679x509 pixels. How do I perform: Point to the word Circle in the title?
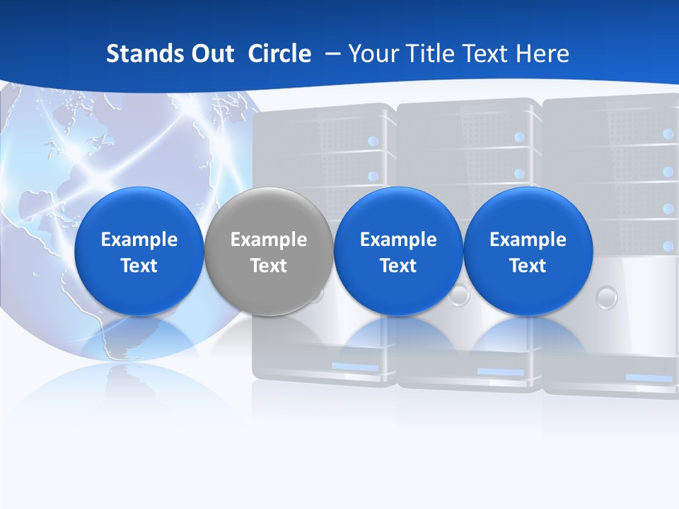(279, 54)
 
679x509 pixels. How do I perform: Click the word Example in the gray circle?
(269, 240)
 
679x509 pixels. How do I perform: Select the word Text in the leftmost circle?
(139, 266)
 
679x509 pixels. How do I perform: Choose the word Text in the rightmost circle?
(528, 266)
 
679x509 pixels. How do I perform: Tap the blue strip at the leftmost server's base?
(355, 367)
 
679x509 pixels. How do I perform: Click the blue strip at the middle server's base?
(500, 372)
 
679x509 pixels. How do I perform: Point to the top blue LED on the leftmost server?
(373, 141)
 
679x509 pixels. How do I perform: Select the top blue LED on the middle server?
(519, 137)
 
